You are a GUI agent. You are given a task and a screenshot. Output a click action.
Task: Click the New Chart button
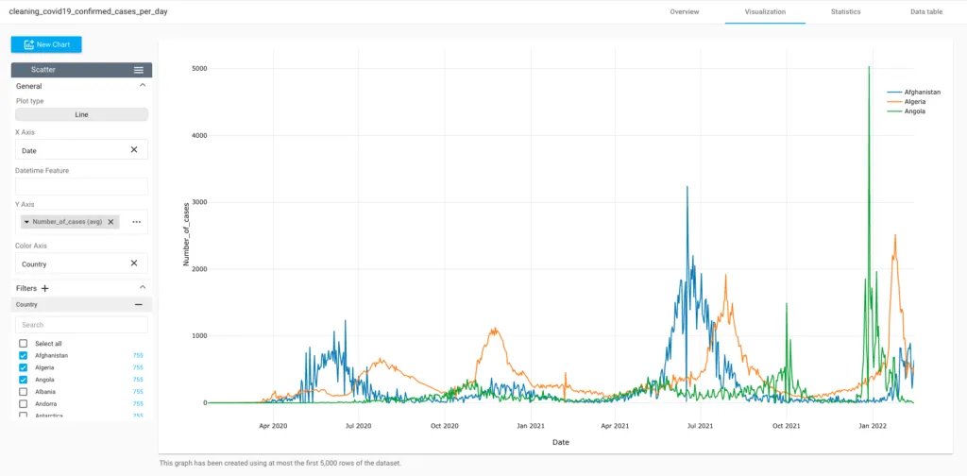pos(46,44)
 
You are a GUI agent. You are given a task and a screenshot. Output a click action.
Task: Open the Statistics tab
pos(845,11)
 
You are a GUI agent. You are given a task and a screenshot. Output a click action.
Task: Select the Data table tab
pos(925,11)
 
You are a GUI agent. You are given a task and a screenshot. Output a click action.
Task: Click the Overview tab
pos(685,11)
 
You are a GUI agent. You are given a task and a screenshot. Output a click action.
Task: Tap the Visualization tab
pos(765,11)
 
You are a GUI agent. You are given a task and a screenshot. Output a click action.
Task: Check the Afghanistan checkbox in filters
pos(24,355)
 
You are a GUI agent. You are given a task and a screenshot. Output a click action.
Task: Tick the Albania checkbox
pos(24,391)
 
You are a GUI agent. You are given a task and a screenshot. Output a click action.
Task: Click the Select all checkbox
pos(24,343)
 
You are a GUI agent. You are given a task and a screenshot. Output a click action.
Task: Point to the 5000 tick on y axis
pos(199,68)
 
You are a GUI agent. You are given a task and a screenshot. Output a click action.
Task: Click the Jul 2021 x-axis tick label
pos(700,426)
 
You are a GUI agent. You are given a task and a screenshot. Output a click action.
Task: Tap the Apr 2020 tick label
pos(273,426)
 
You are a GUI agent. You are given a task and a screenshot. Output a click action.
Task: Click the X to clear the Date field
pos(134,149)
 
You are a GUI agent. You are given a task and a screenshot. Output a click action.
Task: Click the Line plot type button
pos(81,114)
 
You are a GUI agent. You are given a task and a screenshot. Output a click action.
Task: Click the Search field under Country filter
pos(81,324)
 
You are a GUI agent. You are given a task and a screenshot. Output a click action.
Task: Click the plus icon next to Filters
pos(45,288)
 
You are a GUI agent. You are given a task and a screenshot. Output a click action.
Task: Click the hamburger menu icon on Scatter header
pos(139,70)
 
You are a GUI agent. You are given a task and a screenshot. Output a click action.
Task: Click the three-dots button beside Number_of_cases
pos(136,222)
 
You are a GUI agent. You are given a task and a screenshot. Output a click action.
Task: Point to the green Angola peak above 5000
pos(869,67)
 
